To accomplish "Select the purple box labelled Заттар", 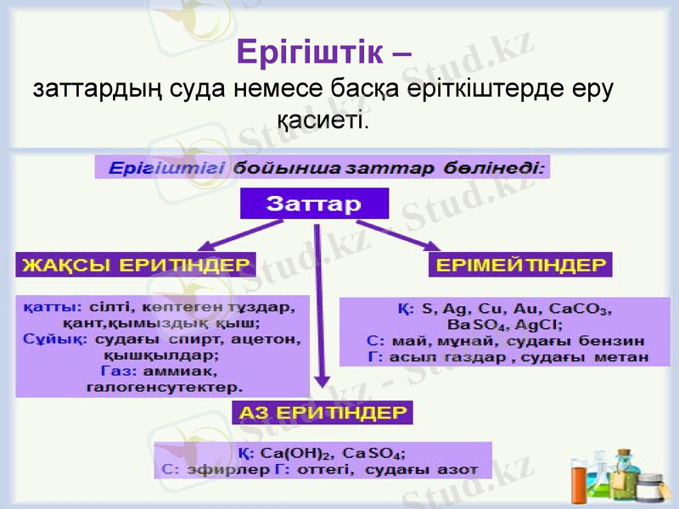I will [x=314, y=204].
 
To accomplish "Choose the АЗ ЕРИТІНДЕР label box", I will [x=323, y=413].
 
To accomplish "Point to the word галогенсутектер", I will [x=164, y=386].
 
